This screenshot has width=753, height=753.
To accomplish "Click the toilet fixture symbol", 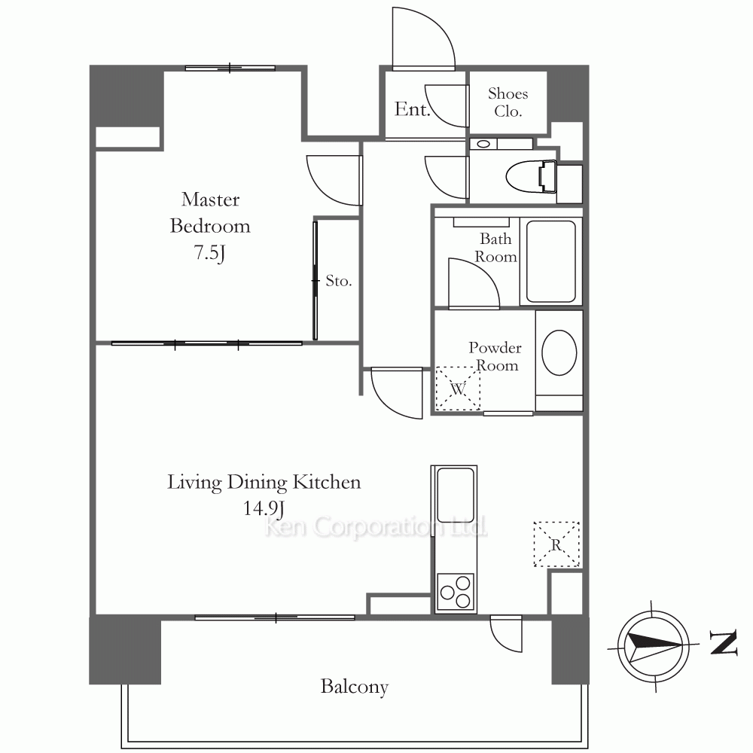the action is (531, 176).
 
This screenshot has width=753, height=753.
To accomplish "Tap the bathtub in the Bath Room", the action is (551, 261).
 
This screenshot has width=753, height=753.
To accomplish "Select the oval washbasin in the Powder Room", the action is (559, 352).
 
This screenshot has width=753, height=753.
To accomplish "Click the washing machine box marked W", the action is (458, 389).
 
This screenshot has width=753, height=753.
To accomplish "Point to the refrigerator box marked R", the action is (556, 544).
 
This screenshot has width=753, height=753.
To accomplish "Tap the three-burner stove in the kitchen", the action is (456, 592).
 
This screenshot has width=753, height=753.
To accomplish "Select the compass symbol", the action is (652, 645).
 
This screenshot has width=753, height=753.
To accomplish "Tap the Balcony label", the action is (355, 687).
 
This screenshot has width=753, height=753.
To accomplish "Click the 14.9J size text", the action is (264, 508).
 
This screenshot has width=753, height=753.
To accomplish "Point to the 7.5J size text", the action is (209, 252).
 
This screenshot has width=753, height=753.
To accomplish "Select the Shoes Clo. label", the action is (508, 102).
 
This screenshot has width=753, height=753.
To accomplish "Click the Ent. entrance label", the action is (412, 109).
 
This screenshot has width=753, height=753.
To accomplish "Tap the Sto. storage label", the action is (339, 281).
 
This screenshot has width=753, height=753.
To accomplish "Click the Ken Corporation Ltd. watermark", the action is (376, 527).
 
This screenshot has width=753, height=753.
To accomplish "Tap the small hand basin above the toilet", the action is (483, 144).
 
